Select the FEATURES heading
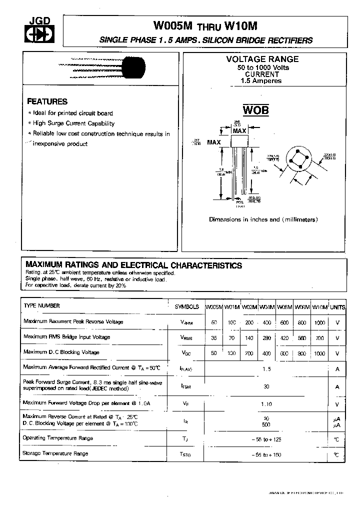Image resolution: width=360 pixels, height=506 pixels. [47, 101]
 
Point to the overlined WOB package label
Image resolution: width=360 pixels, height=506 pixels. [256, 110]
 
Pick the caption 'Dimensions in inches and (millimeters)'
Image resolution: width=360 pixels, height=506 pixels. [263, 219]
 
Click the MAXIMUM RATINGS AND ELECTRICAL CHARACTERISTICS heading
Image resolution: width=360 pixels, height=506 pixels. [133, 265]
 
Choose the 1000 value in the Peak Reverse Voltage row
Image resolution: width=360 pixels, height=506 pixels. [319, 323]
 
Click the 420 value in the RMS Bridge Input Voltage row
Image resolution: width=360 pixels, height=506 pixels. [284, 338]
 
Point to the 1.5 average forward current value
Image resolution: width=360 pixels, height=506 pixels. [266, 368]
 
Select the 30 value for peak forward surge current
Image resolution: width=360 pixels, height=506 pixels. [266, 386]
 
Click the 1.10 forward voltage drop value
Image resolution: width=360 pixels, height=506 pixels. [266, 404]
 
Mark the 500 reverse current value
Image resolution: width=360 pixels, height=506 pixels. [266, 424]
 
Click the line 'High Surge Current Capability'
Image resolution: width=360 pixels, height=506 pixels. [73, 123]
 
